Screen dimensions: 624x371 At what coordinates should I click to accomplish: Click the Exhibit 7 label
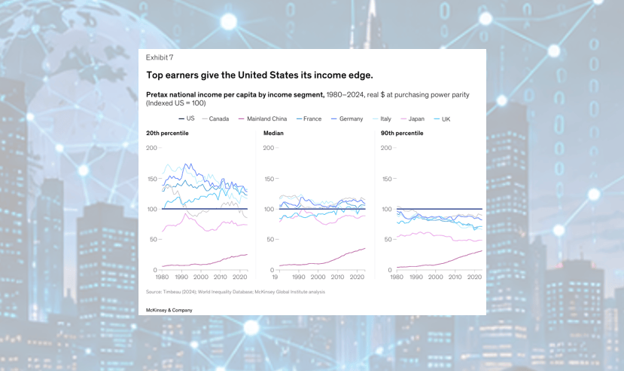click(x=159, y=57)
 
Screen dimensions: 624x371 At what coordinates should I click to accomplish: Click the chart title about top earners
click(x=260, y=75)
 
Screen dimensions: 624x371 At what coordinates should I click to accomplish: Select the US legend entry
click(x=187, y=118)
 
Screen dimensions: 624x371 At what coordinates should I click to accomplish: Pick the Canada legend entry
click(x=215, y=118)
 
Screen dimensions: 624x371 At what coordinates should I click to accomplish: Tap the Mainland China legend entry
click(x=263, y=118)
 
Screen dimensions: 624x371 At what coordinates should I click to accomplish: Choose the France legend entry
click(x=309, y=118)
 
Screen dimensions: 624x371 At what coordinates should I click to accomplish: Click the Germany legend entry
click(x=347, y=118)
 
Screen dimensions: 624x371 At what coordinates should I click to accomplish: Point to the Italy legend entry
click(x=382, y=118)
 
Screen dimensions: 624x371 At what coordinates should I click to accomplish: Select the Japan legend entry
click(x=412, y=118)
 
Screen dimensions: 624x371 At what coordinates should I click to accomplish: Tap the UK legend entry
click(x=442, y=119)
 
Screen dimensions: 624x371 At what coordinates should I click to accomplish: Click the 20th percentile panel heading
click(x=167, y=133)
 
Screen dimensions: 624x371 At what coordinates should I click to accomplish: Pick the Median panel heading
click(x=273, y=133)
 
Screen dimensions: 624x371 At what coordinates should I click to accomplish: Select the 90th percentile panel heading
click(x=402, y=133)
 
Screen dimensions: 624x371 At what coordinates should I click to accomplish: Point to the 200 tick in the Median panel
click(x=269, y=148)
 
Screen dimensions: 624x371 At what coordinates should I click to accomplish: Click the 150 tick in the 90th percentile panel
click(x=387, y=179)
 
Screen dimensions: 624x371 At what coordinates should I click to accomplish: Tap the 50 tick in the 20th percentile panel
click(x=154, y=240)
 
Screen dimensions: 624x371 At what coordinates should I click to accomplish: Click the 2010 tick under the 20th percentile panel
click(x=220, y=277)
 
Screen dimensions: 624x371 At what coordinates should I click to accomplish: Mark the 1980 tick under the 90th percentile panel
click(x=397, y=277)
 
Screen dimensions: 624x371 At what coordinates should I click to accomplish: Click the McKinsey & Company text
click(x=169, y=310)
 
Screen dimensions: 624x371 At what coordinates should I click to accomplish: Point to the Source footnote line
click(x=236, y=292)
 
